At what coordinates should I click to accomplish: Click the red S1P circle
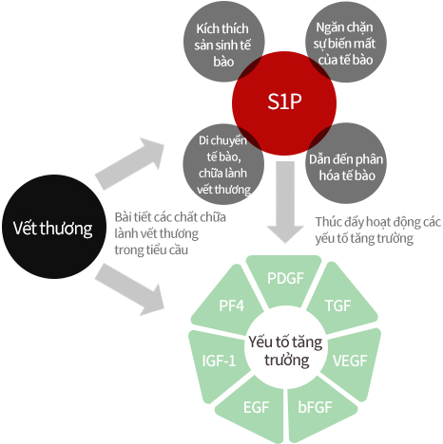tap(284, 103)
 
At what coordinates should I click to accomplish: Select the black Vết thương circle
tap(53, 227)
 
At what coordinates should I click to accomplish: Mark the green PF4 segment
tap(230, 304)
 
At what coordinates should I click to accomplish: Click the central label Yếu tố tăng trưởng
tap(285, 351)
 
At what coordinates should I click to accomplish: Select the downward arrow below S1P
tap(285, 202)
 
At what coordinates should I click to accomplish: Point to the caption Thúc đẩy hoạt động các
tap(377, 222)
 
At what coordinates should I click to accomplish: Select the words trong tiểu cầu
tap(151, 250)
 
